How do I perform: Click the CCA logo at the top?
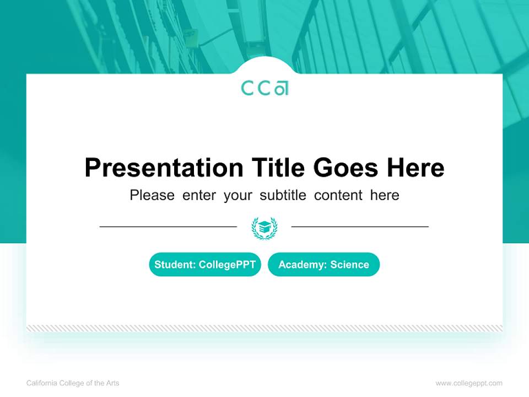pos(264,88)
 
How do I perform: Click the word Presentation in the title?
pos(164,168)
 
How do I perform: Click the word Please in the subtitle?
pos(152,195)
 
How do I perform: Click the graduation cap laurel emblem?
pos(264,228)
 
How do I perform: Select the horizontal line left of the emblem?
pos(168,227)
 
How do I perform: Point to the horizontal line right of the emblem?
pos(360,227)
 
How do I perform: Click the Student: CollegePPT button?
pos(205,265)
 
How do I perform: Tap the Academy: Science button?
pos(323,265)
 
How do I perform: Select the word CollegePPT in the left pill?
pos(227,265)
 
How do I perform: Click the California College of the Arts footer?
pos(73,383)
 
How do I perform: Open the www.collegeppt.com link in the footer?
pos(469,383)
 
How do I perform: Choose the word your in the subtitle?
pos(237,195)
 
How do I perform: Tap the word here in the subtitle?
pos(385,195)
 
